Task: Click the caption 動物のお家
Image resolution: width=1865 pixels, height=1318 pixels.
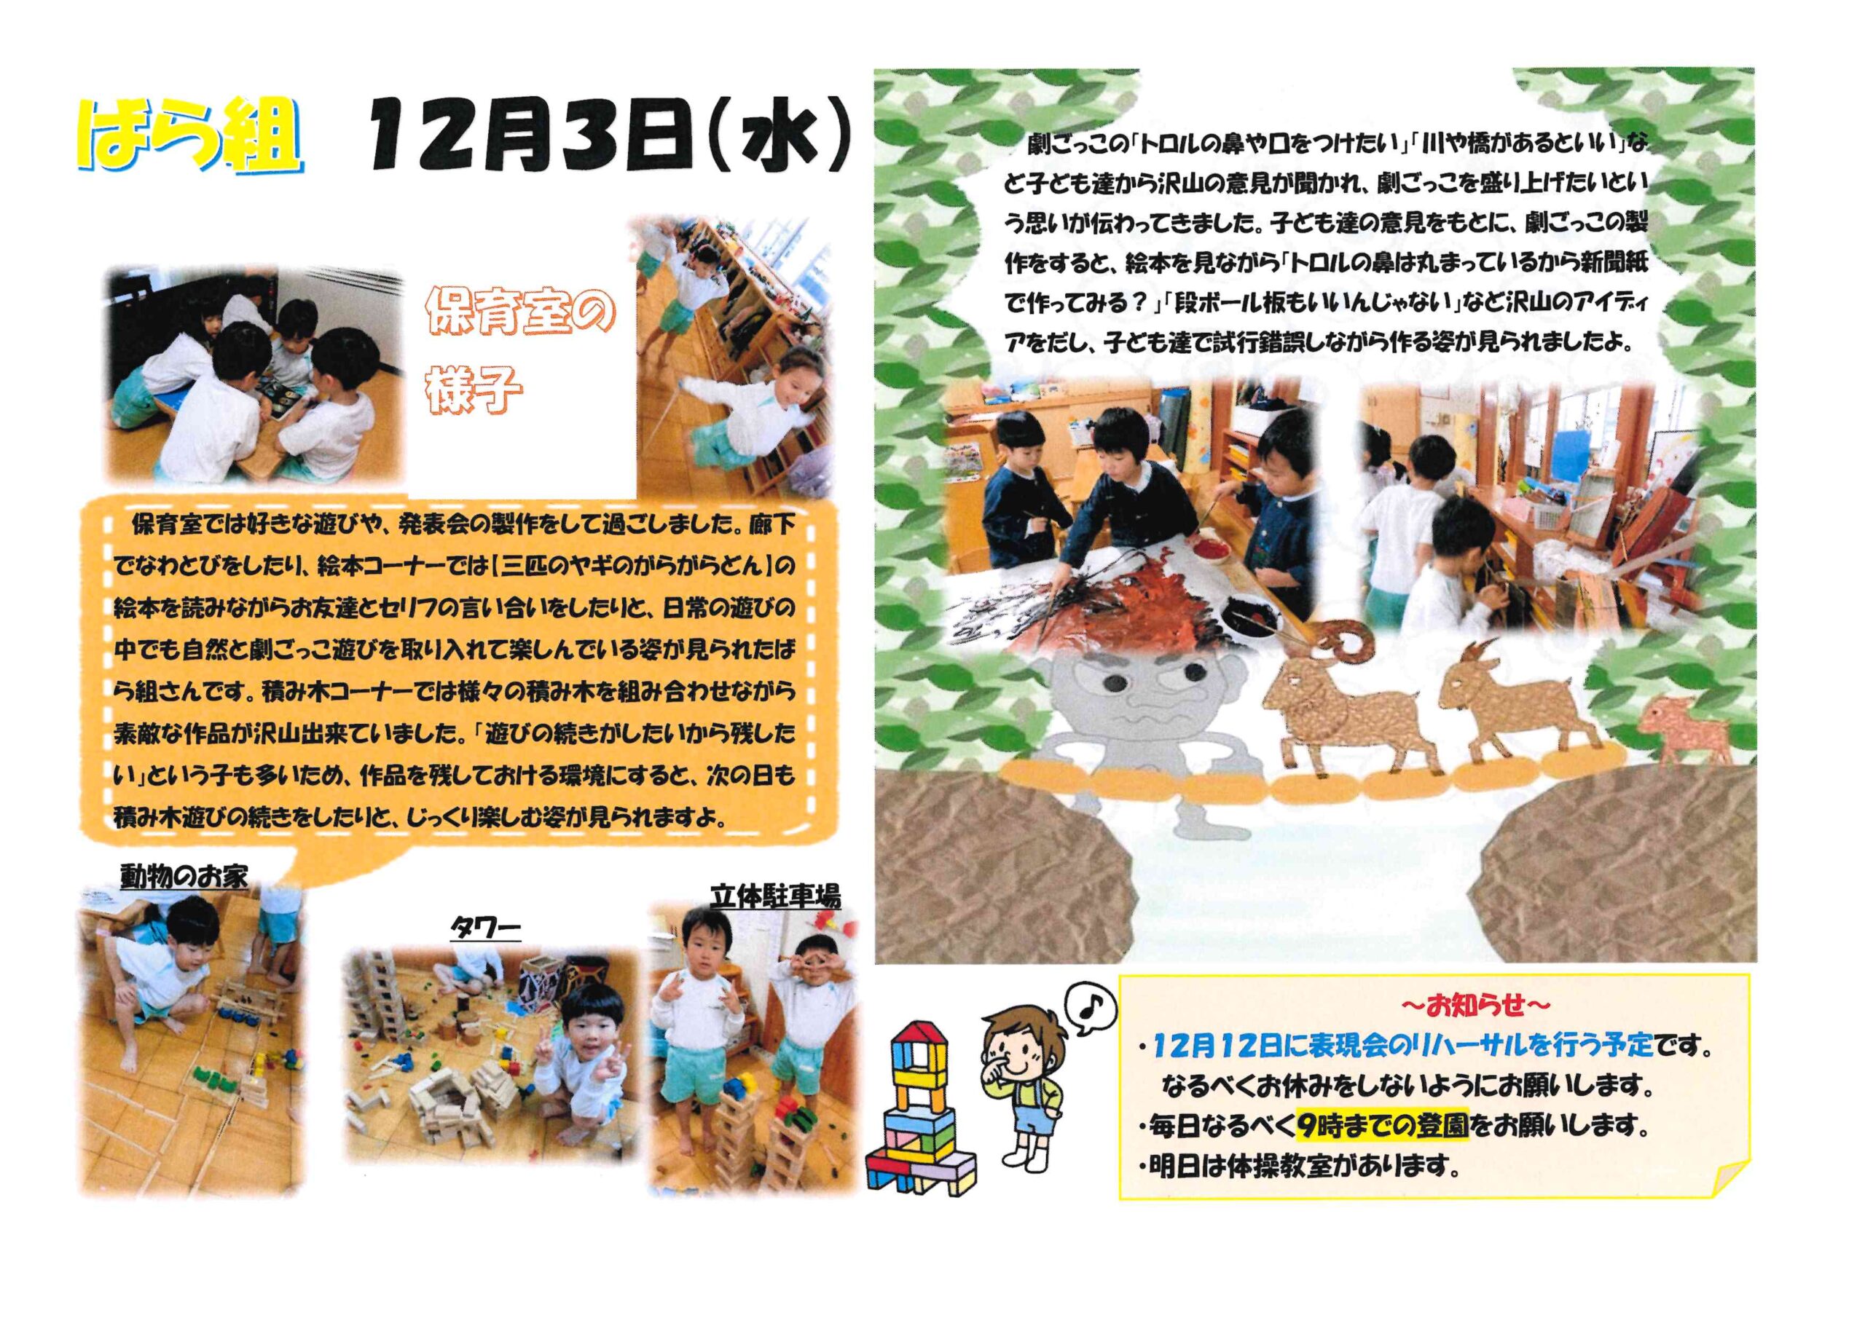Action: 184,875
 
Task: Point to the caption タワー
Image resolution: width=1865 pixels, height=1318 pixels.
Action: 486,929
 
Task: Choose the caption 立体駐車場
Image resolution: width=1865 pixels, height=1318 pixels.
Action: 775,896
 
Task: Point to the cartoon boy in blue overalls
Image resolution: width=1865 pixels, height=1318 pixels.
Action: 1025,1098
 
